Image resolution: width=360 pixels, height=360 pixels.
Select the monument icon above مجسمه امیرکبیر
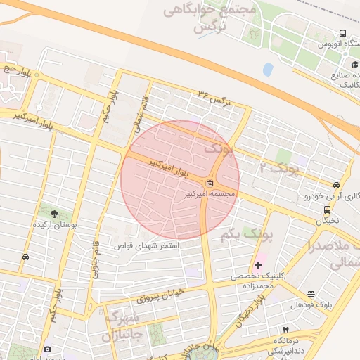210,184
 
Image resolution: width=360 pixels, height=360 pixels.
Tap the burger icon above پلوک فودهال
311,294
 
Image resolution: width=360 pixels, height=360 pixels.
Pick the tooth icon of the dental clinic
285,329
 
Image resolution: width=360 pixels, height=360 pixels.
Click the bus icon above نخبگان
327,210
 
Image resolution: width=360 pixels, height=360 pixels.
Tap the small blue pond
268,69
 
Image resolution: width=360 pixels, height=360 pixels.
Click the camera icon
47,349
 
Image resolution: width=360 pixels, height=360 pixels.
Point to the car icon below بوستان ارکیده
26,257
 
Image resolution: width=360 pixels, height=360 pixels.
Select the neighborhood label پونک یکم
239,233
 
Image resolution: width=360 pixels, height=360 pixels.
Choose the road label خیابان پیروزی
160,295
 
